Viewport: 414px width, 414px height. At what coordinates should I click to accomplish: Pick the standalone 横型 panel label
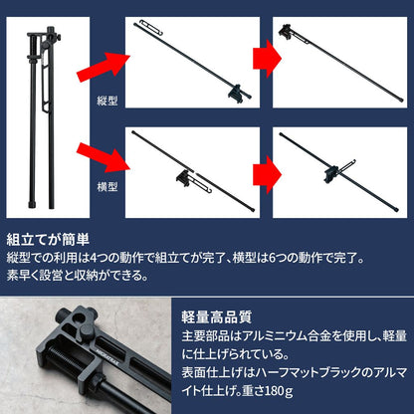coord(107,186)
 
